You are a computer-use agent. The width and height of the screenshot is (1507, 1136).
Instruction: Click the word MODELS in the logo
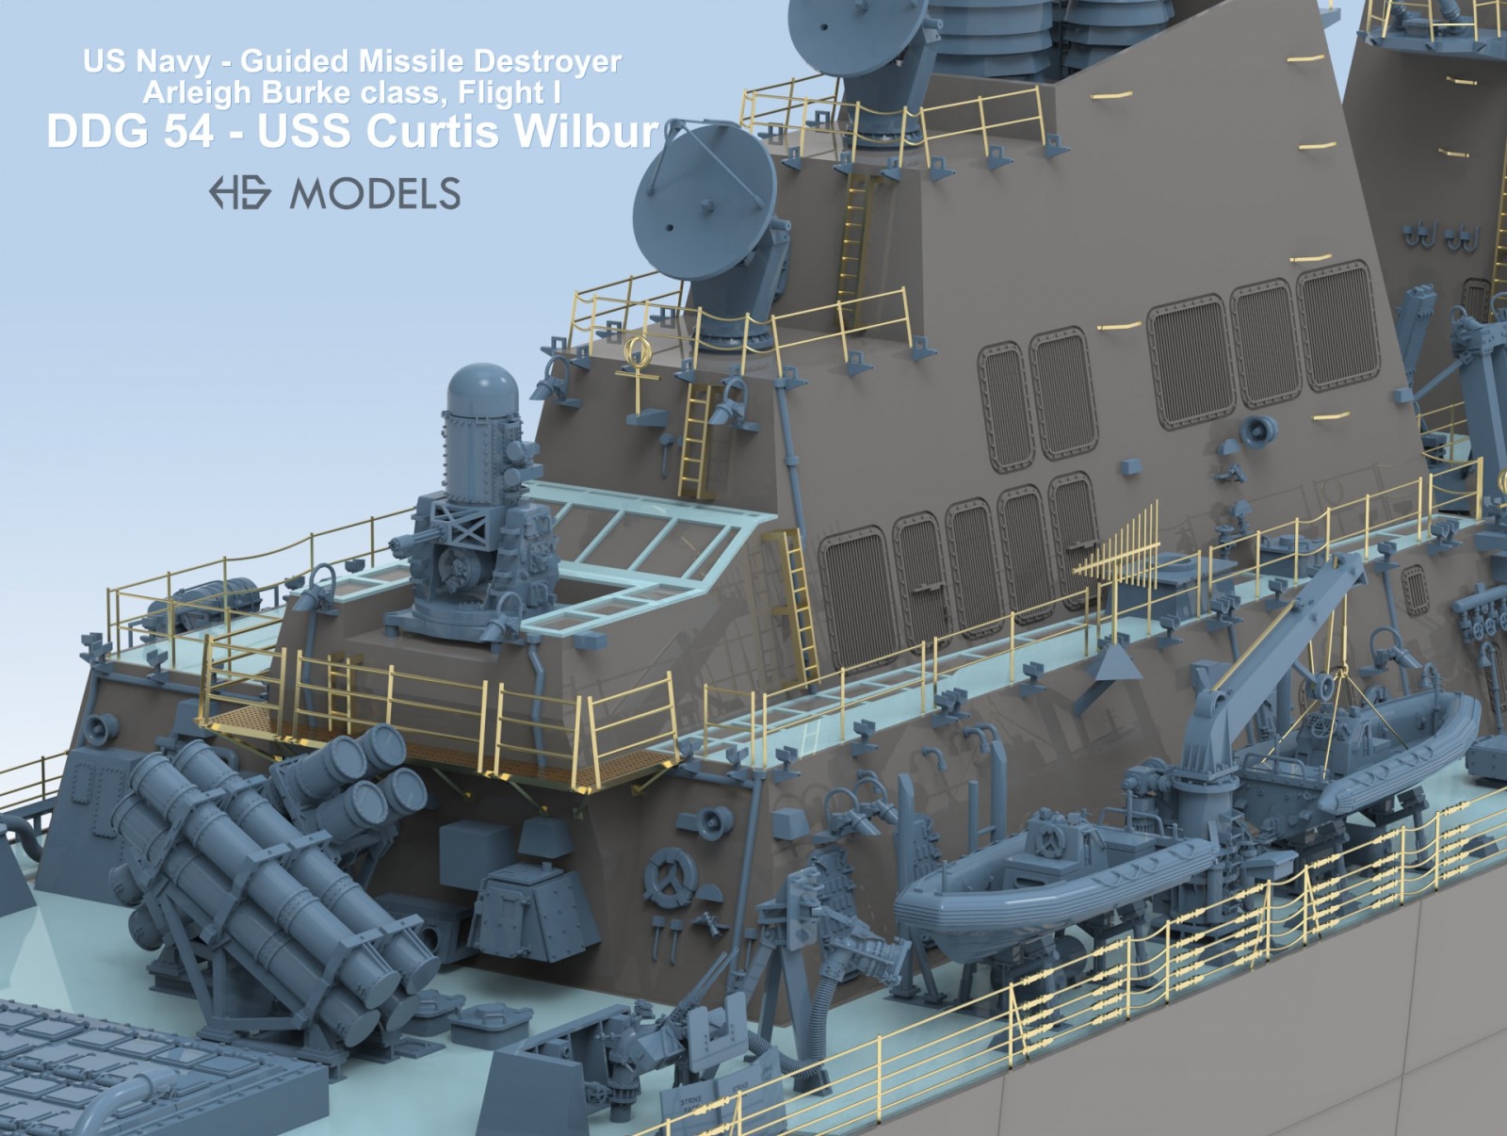tap(375, 193)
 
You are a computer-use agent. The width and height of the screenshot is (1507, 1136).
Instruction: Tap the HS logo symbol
tap(239, 192)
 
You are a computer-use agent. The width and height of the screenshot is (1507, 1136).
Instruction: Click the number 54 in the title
tap(188, 131)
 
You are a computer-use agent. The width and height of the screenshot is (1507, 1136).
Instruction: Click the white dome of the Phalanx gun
tap(482, 389)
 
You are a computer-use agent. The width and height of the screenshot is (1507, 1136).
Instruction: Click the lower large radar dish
tap(705, 202)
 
